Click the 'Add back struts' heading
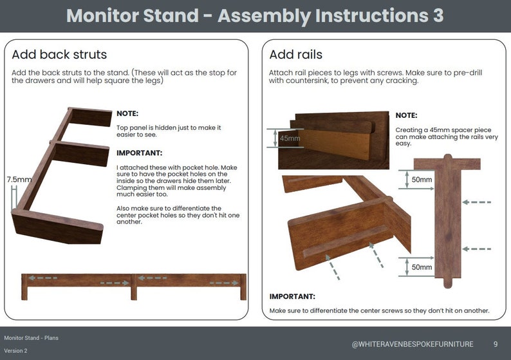59,55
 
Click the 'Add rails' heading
295,55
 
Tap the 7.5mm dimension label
19,180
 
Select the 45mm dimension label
290,138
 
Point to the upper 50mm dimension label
422,179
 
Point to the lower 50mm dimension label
422,267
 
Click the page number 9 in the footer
495,344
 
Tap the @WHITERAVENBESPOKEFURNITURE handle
413,344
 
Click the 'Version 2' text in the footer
16,351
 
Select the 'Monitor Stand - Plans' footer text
32,337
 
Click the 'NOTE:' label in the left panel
127,113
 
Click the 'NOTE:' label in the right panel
406,115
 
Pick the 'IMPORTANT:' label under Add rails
292,297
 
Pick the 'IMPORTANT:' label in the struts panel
139,153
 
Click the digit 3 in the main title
438,15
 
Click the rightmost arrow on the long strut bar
225,282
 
